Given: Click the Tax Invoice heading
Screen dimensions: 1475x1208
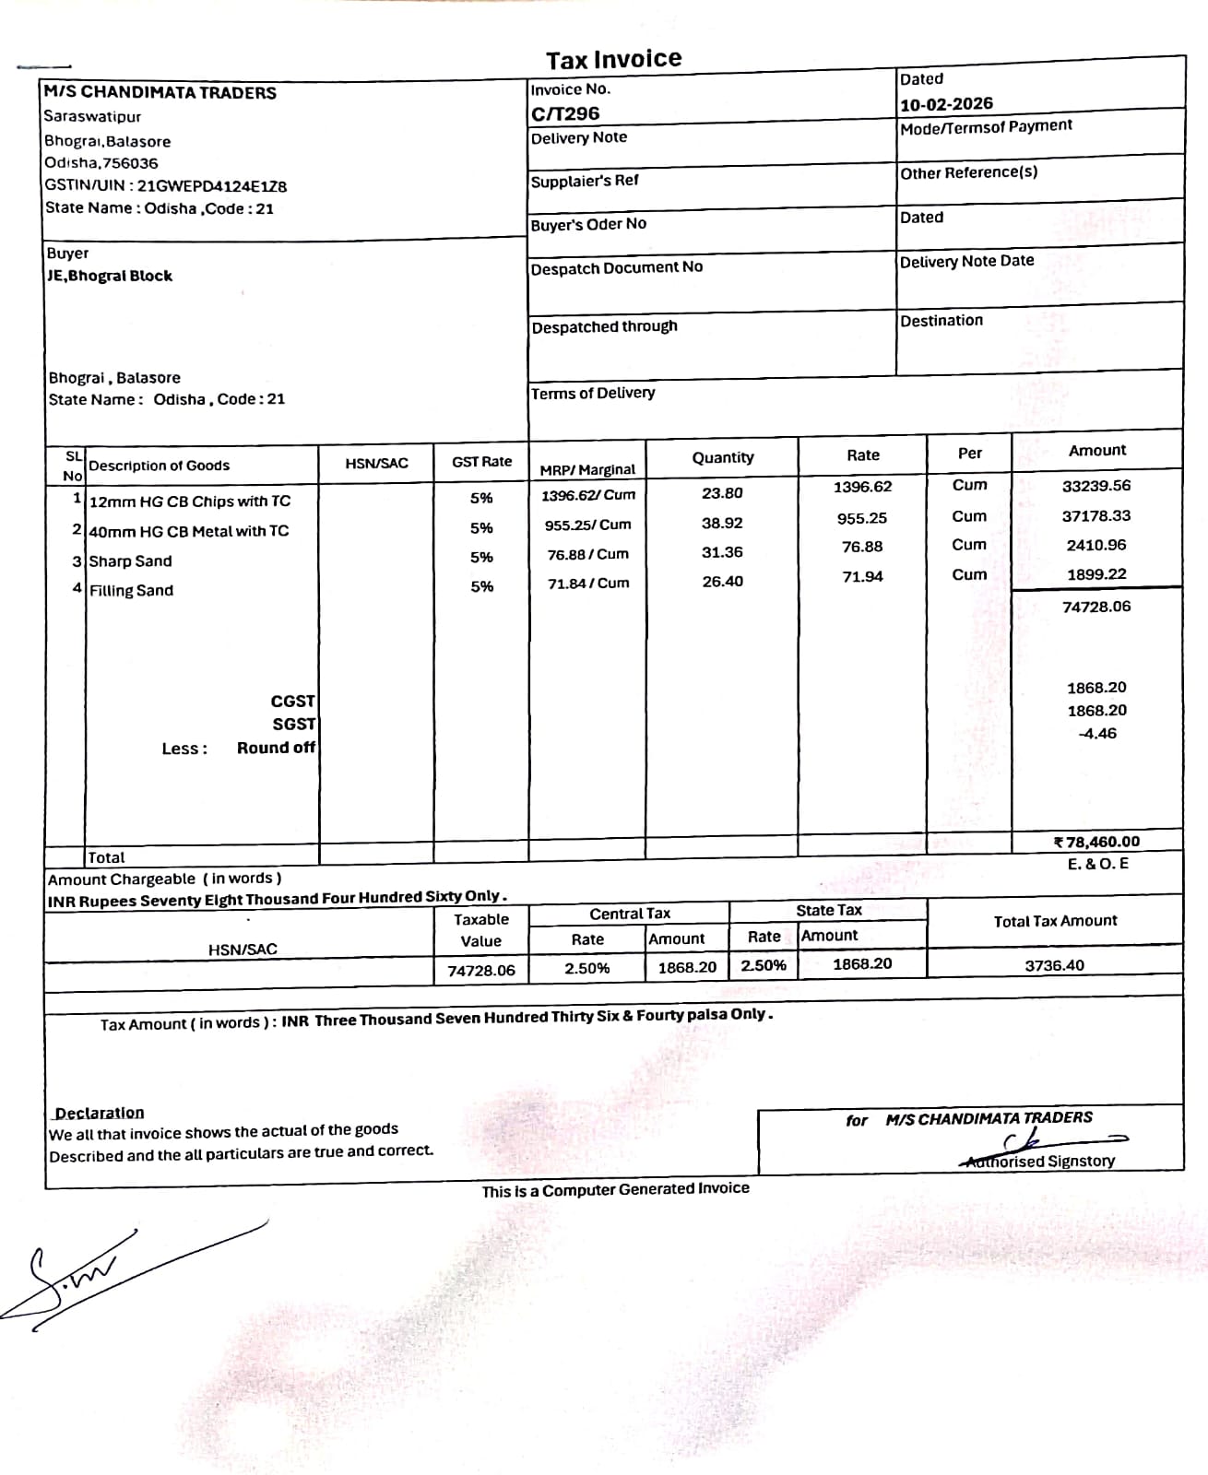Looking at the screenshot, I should point(613,60).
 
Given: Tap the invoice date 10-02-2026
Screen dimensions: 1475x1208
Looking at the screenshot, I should point(946,104).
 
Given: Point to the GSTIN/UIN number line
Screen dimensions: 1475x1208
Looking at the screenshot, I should point(166,185).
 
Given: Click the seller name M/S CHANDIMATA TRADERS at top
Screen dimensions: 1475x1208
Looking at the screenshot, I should point(160,93).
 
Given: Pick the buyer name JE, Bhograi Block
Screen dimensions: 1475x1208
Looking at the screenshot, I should point(110,276).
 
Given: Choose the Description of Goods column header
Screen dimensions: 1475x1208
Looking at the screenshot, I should point(159,466).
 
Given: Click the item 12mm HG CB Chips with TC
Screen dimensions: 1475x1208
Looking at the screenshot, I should point(189,501).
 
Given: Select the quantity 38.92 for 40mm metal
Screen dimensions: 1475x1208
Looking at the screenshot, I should point(722,523).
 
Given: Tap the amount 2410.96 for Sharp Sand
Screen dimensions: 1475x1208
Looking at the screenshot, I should point(1096,545).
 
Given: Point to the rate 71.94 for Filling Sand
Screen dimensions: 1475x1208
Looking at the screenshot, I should point(862,576).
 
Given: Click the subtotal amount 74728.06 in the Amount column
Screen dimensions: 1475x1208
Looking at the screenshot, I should point(1096,607).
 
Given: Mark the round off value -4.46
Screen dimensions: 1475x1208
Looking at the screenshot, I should point(1097,734).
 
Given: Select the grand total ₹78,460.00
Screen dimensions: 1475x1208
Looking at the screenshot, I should point(1096,842).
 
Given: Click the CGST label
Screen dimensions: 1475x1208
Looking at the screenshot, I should point(292,702).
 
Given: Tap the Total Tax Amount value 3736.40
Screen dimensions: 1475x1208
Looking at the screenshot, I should point(1054,965).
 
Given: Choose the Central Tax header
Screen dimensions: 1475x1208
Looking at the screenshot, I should point(630,914).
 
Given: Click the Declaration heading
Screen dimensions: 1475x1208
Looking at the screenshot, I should point(100,1113).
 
